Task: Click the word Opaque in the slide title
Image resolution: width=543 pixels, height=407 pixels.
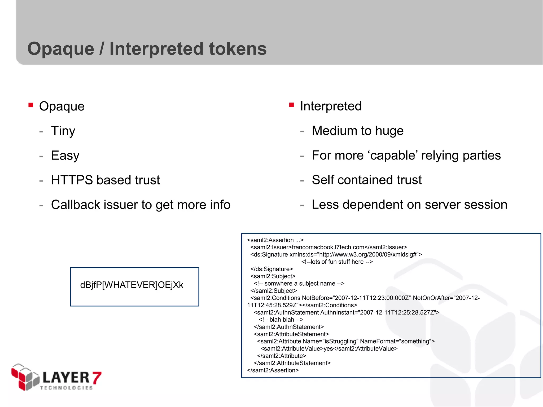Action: pyautogui.click(x=61, y=49)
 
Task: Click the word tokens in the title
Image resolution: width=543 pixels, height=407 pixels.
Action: pyautogui.click(x=238, y=49)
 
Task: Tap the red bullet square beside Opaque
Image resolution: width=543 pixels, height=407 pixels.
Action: pyautogui.click(x=31, y=105)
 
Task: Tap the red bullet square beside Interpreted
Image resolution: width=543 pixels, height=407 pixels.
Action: pyautogui.click(x=292, y=105)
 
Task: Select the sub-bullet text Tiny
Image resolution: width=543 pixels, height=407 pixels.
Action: pyautogui.click(x=63, y=131)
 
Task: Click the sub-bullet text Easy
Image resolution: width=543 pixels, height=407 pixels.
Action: pyautogui.click(x=65, y=156)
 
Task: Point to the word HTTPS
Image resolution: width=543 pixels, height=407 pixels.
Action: pyautogui.click(x=72, y=180)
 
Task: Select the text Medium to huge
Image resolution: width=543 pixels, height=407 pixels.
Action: pyautogui.click(x=357, y=131)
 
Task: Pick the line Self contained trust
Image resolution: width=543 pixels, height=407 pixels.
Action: pyautogui.click(x=366, y=180)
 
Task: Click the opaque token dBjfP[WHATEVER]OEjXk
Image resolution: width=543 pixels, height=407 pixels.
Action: pyautogui.click(x=132, y=285)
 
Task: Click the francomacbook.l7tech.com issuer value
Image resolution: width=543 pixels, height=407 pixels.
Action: pyautogui.click(x=328, y=247)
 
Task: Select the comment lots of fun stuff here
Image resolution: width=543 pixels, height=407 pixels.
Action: pyautogui.click(x=337, y=262)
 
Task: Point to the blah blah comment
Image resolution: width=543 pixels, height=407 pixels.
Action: pyautogui.click(x=281, y=320)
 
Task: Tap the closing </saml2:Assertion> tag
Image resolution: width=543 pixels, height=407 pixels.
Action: pyautogui.click(x=273, y=370)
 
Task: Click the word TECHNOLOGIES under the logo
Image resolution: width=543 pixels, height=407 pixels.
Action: pyautogui.click(x=66, y=388)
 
